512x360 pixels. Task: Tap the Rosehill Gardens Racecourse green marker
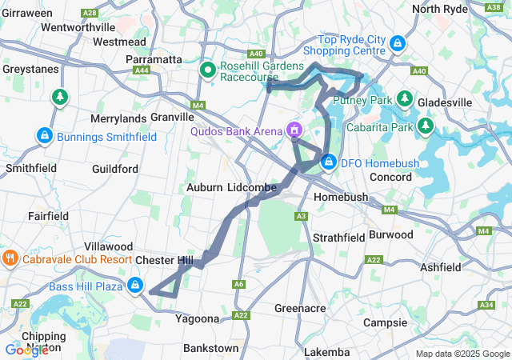(x=208, y=70)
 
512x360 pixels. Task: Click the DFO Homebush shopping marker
(x=328, y=162)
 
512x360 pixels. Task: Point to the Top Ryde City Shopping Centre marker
(x=398, y=43)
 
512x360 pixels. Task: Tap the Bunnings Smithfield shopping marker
(x=45, y=137)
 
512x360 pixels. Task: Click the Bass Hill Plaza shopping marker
(x=136, y=286)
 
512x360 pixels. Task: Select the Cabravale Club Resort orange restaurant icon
(x=10, y=259)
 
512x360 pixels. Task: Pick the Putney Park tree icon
(x=406, y=100)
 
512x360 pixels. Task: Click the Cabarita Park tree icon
(x=426, y=126)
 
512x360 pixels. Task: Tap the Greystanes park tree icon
(x=59, y=98)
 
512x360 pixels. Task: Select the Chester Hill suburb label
(x=164, y=261)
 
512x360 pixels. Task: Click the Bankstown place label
(x=210, y=349)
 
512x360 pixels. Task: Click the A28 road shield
(x=90, y=13)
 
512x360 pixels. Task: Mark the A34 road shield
(x=486, y=305)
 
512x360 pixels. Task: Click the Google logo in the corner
(x=26, y=350)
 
